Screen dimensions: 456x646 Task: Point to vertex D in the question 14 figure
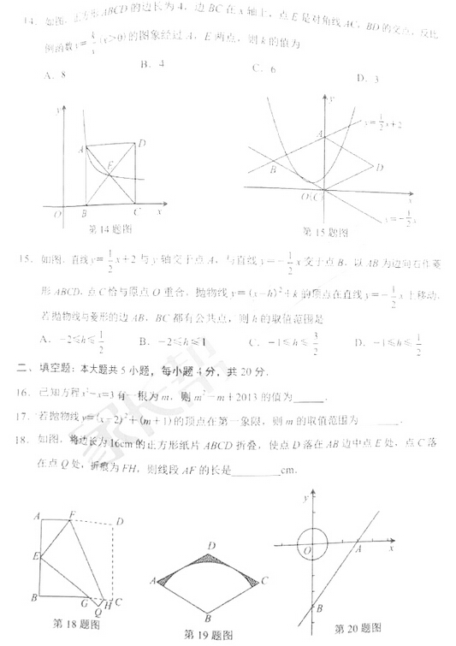(x=142, y=142)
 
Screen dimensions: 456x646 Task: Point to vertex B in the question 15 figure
(x=272, y=169)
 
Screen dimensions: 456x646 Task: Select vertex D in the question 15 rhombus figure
(x=379, y=167)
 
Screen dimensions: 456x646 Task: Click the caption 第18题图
(x=77, y=623)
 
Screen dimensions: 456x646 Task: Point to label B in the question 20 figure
(x=318, y=608)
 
